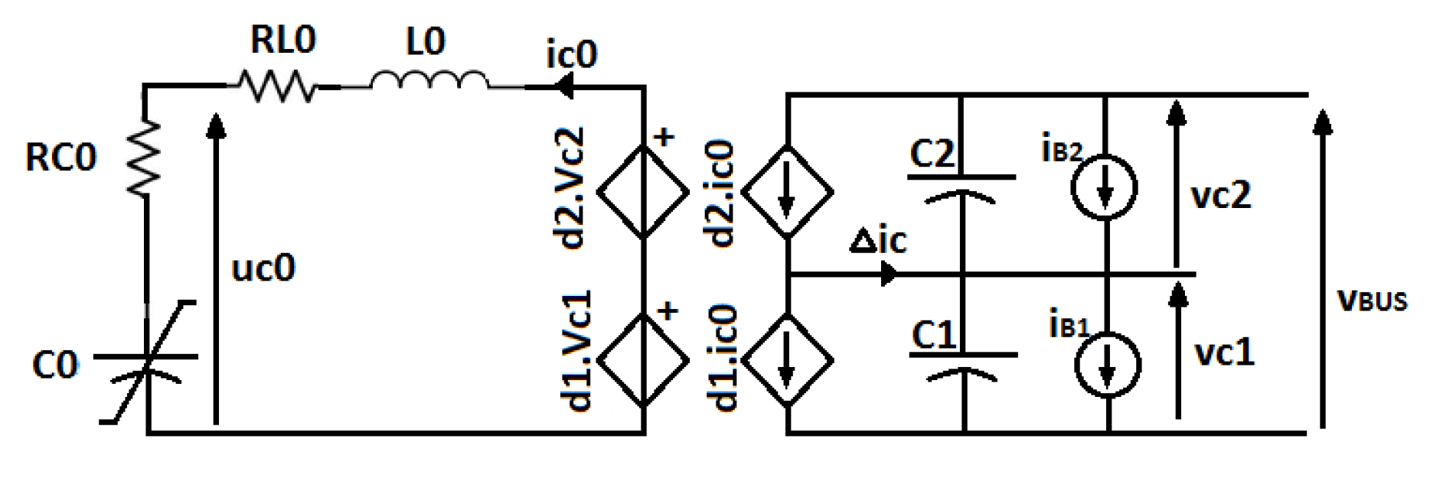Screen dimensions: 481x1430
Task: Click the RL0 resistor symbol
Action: coord(276,86)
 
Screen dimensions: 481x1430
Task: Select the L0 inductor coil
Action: coord(429,82)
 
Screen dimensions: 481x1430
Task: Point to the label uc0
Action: coord(263,268)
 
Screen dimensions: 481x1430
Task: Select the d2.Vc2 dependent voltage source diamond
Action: coord(642,191)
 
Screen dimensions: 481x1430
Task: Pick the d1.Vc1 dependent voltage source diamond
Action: coord(642,359)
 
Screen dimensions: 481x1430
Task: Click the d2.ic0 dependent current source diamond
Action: coord(787,191)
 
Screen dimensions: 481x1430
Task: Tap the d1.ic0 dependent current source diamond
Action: coord(787,359)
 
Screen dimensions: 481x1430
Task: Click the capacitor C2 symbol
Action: coord(961,187)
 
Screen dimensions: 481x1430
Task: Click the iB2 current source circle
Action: coord(1104,187)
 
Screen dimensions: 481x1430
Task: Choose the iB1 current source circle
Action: coord(1108,365)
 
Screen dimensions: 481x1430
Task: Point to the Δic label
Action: coord(878,240)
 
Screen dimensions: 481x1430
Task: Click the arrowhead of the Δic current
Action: coord(890,273)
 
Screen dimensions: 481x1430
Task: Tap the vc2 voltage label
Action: coord(1221,196)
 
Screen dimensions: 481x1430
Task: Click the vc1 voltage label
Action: coord(1224,353)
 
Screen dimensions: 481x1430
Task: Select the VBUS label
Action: coord(1372,299)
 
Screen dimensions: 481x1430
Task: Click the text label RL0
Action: coord(282,40)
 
